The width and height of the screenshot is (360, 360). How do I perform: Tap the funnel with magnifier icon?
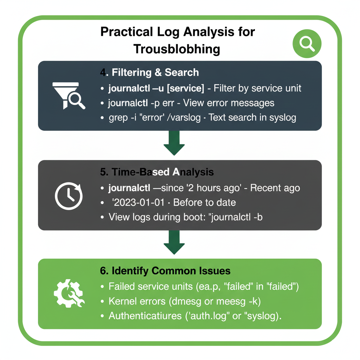pyautogui.click(x=69, y=95)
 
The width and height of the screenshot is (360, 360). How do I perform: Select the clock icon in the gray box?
pyautogui.click(x=69, y=196)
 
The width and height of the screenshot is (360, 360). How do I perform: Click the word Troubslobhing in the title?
pyautogui.click(x=177, y=49)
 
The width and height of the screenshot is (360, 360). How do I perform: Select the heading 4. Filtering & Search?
pyautogui.click(x=149, y=72)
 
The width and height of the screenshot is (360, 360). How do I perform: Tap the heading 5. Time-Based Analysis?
pyautogui.click(x=156, y=172)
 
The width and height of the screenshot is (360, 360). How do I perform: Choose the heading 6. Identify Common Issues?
pyautogui.click(x=165, y=271)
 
